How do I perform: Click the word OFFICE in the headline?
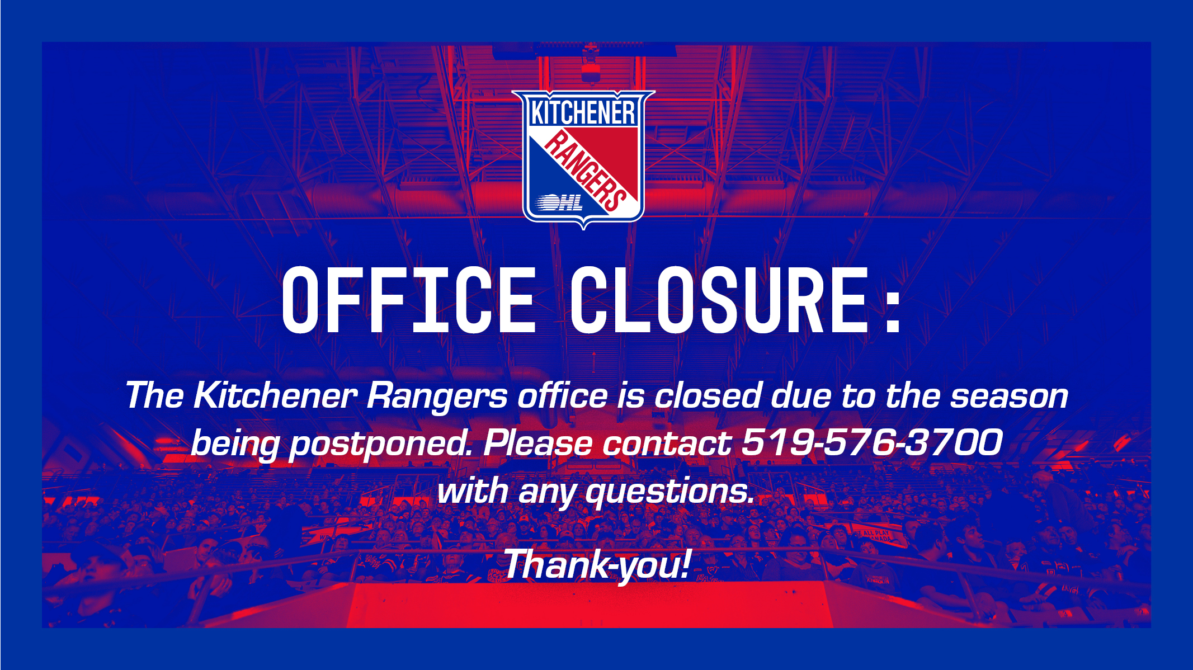[x=409, y=300]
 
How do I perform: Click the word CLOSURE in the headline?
[x=719, y=300]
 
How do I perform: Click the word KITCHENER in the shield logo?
[x=583, y=112]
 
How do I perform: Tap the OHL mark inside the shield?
[x=561, y=202]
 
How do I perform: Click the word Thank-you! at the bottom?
[x=597, y=564]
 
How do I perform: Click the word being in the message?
[x=235, y=445]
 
